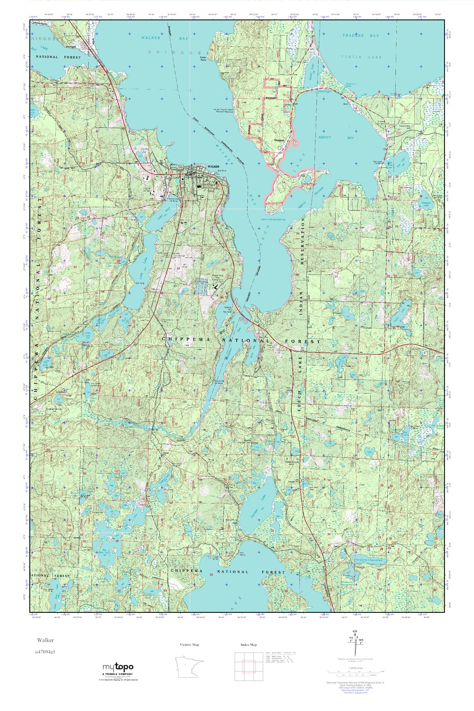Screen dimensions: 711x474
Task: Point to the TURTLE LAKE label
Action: click(361, 57)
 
